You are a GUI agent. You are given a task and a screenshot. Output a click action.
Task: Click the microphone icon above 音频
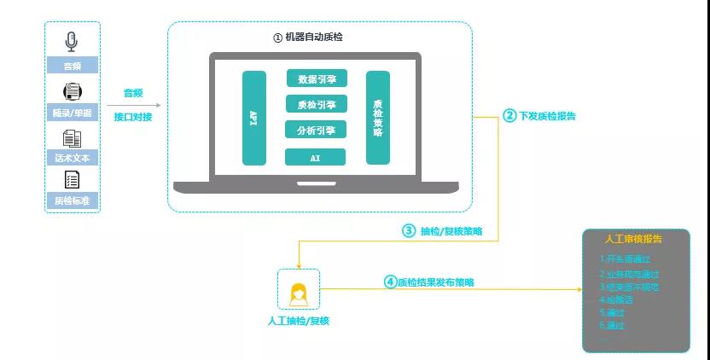point(73,40)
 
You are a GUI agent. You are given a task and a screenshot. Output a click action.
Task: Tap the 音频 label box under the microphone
point(73,66)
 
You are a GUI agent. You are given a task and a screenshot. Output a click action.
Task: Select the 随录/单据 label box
point(73,113)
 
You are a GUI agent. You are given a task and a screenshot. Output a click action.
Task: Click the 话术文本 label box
point(73,158)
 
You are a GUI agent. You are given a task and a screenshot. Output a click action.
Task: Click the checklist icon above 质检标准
point(73,180)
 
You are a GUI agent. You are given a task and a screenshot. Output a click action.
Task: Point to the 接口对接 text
point(133,117)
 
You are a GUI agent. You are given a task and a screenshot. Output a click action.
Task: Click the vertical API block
point(254,118)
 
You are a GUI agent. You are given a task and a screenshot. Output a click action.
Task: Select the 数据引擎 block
point(316,79)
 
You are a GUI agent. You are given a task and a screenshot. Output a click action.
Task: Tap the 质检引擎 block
point(316,105)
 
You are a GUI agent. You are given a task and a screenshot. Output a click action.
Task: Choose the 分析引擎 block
point(316,131)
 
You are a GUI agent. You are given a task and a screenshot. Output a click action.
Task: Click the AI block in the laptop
point(316,157)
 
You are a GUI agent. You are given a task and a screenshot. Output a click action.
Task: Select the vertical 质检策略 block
point(378,118)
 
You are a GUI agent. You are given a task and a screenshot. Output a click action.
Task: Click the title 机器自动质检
point(314,38)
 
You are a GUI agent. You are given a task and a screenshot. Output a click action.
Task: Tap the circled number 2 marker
point(509,116)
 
